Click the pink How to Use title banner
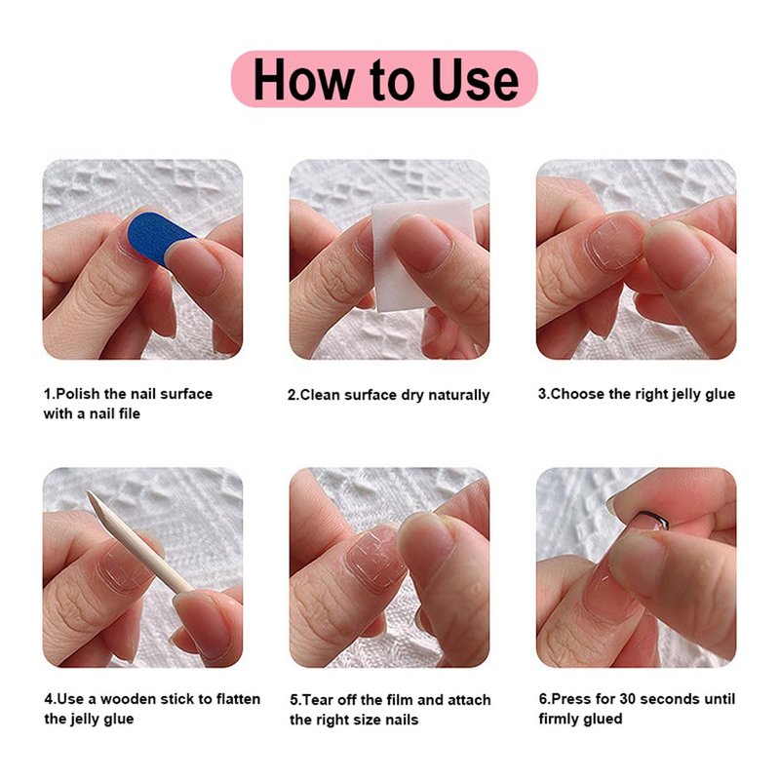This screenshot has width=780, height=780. point(384,79)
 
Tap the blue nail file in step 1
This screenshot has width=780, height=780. point(158,237)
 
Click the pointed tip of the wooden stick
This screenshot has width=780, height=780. point(88,492)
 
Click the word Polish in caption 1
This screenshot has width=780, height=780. point(78,394)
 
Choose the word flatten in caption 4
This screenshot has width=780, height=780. point(238,699)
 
